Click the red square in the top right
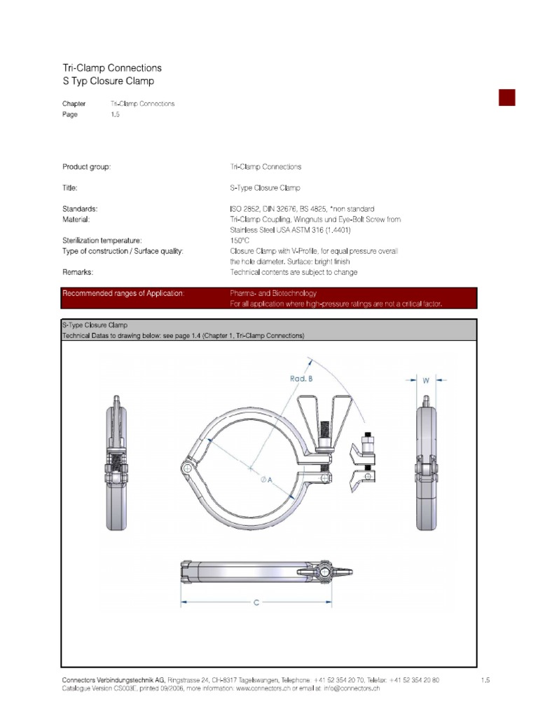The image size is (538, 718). click(x=506, y=97)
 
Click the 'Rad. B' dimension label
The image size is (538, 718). click(x=301, y=378)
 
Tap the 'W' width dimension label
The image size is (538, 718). click(x=425, y=380)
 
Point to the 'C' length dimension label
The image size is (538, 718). click(x=256, y=602)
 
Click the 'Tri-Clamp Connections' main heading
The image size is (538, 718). click(x=112, y=68)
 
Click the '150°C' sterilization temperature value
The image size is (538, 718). click(x=241, y=240)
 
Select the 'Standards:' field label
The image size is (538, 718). click(x=80, y=209)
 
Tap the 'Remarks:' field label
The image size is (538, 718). click(x=78, y=271)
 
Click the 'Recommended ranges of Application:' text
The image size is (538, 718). click(x=123, y=293)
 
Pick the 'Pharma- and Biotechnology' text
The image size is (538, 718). click(x=273, y=293)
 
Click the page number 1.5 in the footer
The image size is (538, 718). click(x=485, y=680)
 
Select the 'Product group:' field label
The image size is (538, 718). click(x=87, y=167)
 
